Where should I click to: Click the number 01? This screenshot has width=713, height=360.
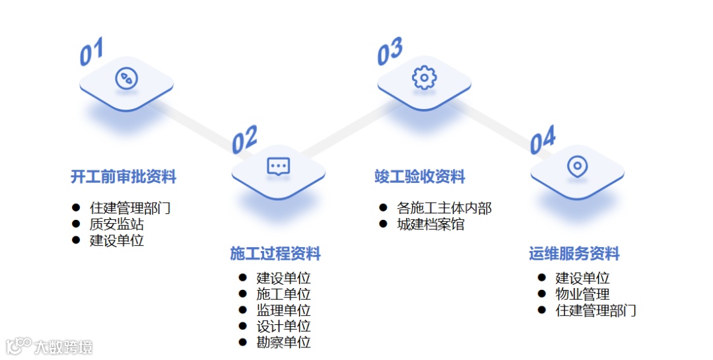coord(92,52)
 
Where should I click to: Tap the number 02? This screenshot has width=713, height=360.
coord(244,140)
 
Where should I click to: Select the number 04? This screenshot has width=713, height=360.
coord(543,140)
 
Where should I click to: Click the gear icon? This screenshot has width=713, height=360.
coord(424,77)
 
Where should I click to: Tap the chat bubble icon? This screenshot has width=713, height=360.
coord(279,166)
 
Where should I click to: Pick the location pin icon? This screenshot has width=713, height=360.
coord(577,166)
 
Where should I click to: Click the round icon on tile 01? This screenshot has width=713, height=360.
coord(126,78)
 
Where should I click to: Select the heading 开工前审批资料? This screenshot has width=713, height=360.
coord(123,177)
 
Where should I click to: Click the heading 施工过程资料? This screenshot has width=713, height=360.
coord(275,254)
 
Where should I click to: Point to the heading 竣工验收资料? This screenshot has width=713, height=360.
coord(420,177)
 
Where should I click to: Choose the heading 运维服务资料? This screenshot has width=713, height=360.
coord(574,254)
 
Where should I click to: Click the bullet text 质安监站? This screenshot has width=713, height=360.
coord(117,224)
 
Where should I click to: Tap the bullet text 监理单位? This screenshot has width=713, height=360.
coord(283,310)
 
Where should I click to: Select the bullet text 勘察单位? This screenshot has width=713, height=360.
coord(283,342)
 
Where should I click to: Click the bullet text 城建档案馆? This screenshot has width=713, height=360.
coord(430,224)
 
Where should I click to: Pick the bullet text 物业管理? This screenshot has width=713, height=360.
coord(582,294)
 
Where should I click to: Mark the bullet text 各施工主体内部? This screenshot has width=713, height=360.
coord(444,208)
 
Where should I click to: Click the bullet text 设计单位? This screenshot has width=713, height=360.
coord(283,326)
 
